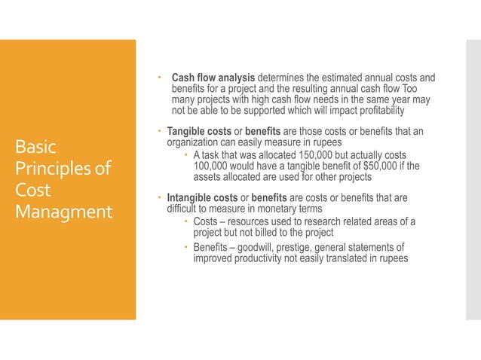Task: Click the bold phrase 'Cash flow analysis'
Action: pos(214,78)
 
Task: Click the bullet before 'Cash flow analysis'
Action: pos(160,78)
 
